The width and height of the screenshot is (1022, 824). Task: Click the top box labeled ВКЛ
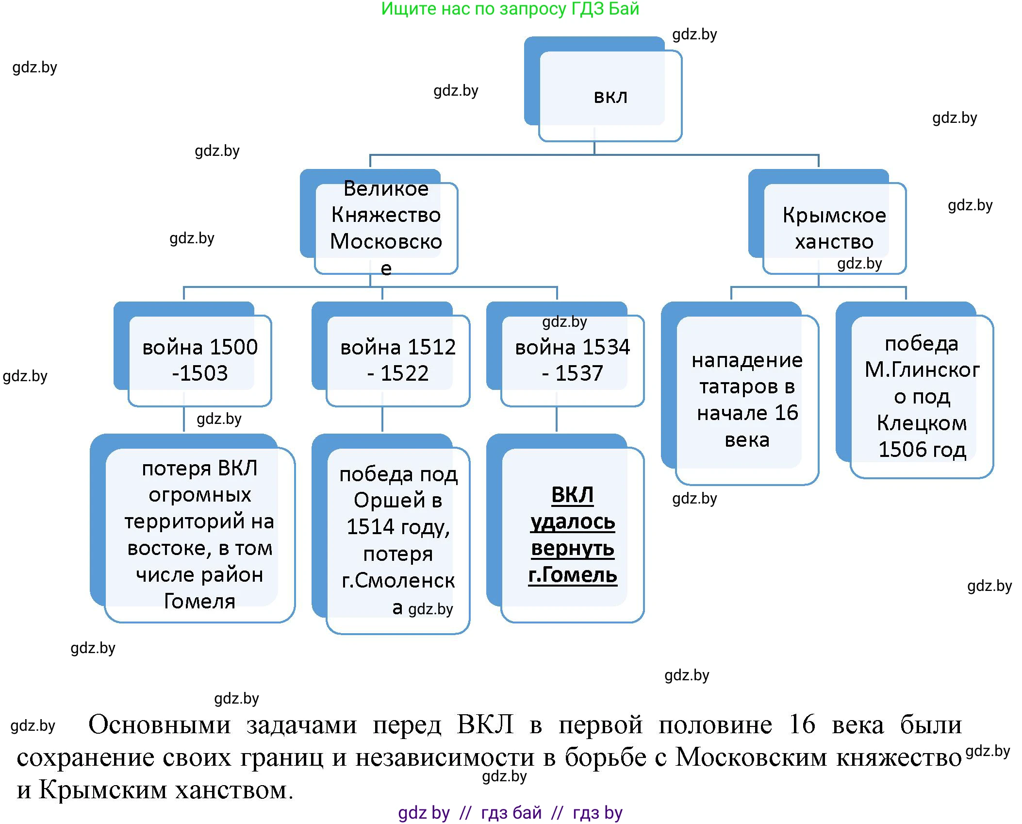pyautogui.click(x=610, y=96)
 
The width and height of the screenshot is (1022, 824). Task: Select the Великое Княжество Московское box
pyautogui.click(x=386, y=228)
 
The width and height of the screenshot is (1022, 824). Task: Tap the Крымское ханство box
pyautogui.click(x=834, y=228)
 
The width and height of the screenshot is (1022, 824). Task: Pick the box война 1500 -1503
pyautogui.click(x=199, y=360)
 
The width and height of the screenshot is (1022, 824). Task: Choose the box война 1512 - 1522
pyautogui.click(x=398, y=360)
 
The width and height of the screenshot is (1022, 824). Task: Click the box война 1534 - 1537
pyautogui.click(x=572, y=360)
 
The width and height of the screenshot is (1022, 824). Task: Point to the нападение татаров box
pyautogui.click(x=747, y=399)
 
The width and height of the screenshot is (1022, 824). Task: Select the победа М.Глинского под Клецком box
pyautogui.click(x=922, y=396)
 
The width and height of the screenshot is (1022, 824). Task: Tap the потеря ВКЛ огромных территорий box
pyautogui.click(x=199, y=534)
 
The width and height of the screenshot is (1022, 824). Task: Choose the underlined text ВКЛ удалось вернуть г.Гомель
pyautogui.click(x=573, y=534)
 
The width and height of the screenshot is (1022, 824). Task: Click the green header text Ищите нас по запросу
pyautogui.click(x=510, y=9)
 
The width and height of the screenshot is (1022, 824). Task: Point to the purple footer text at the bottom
pyautogui.click(x=510, y=812)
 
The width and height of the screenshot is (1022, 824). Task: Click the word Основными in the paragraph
pyautogui.click(x=160, y=724)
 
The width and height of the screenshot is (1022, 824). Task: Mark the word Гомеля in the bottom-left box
pyautogui.click(x=199, y=601)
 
